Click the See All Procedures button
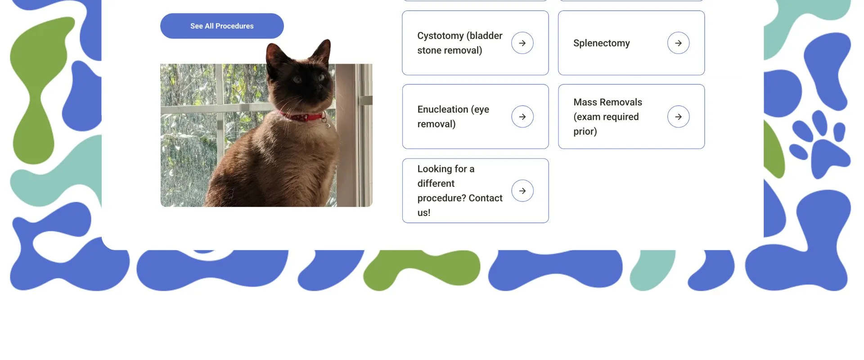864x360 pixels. tap(222, 26)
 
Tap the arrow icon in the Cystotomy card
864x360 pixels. tap(522, 43)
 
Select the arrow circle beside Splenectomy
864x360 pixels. tap(679, 43)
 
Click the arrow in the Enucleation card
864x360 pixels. tap(522, 117)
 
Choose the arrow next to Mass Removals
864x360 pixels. tap(679, 117)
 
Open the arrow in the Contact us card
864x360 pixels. tap(522, 191)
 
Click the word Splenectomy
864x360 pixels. tap(602, 43)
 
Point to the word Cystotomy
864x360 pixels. tap(441, 36)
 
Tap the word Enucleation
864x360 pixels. tap(443, 109)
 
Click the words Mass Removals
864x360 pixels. tap(608, 102)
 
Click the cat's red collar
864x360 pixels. tap(301, 117)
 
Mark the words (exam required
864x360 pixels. tap(606, 117)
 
